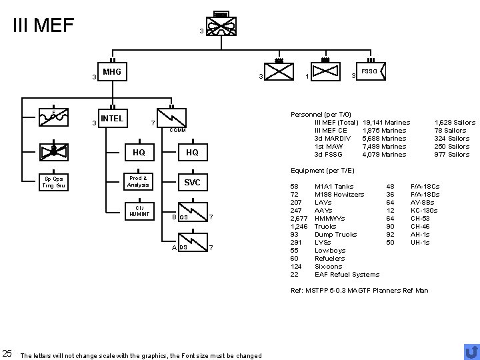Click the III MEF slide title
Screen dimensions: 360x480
(x=43, y=25)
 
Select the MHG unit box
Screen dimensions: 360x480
(x=111, y=73)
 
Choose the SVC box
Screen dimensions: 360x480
(x=192, y=183)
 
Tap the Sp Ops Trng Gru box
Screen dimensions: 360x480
(x=51, y=183)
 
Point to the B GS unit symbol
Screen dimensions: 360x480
(x=191, y=215)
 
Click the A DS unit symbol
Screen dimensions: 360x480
(x=191, y=246)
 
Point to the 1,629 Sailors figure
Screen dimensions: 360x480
(x=455, y=123)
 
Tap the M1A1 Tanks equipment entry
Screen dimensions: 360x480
(x=334, y=186)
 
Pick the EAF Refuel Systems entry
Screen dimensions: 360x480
(x=347, y=274)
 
